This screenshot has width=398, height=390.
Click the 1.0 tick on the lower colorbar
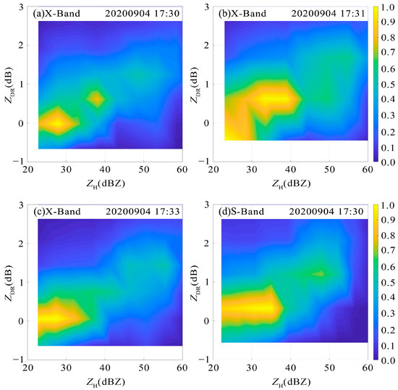[x=389, y=207]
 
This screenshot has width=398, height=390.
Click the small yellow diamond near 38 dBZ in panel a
[x=96, y=98]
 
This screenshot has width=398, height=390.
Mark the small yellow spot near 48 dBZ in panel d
[x=319, y=273]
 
